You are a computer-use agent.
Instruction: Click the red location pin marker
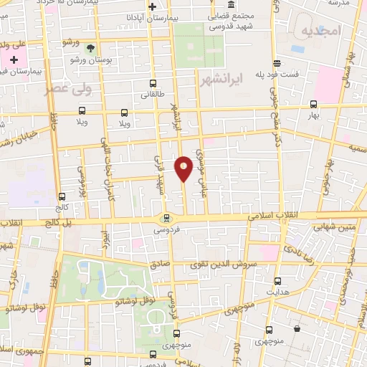coord(184,168)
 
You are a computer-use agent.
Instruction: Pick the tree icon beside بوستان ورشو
coord(91,48)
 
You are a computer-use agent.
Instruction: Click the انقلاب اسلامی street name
coord(252,215)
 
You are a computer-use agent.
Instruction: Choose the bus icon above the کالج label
coord(62,196)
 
